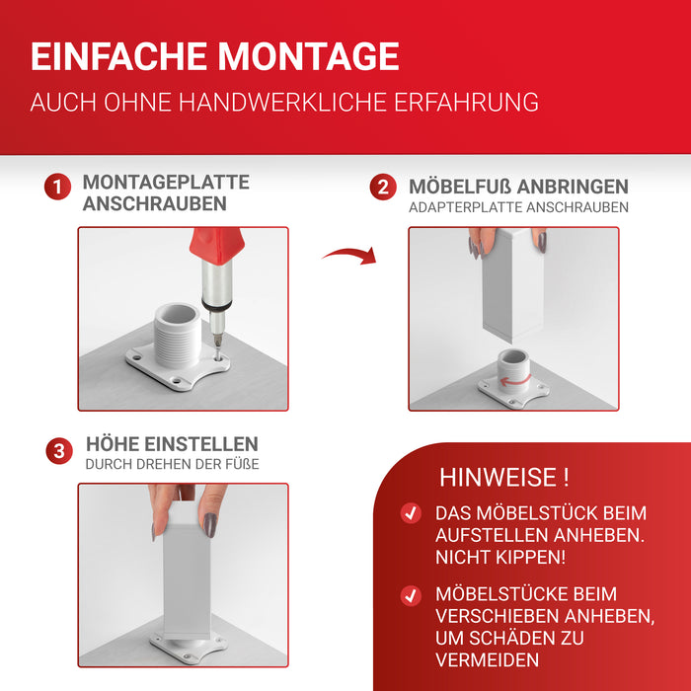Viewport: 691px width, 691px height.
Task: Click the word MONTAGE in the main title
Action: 308,56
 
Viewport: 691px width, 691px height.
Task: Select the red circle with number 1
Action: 57,187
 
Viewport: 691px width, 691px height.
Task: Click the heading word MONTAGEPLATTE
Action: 166,183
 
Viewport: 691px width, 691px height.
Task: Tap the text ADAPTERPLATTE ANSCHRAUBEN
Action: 518,208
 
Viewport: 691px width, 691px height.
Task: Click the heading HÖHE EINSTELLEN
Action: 172,444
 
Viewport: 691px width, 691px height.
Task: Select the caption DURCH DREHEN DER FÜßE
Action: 172,464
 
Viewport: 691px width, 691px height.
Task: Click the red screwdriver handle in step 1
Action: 216,243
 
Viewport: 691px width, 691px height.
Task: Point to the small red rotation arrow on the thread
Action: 510,380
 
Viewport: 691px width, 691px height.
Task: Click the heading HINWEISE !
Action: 503,479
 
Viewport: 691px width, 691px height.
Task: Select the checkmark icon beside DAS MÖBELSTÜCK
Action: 411,514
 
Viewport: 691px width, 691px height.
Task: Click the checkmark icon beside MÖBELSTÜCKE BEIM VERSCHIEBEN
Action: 411,595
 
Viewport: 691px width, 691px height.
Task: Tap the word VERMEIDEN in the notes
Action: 487,660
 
